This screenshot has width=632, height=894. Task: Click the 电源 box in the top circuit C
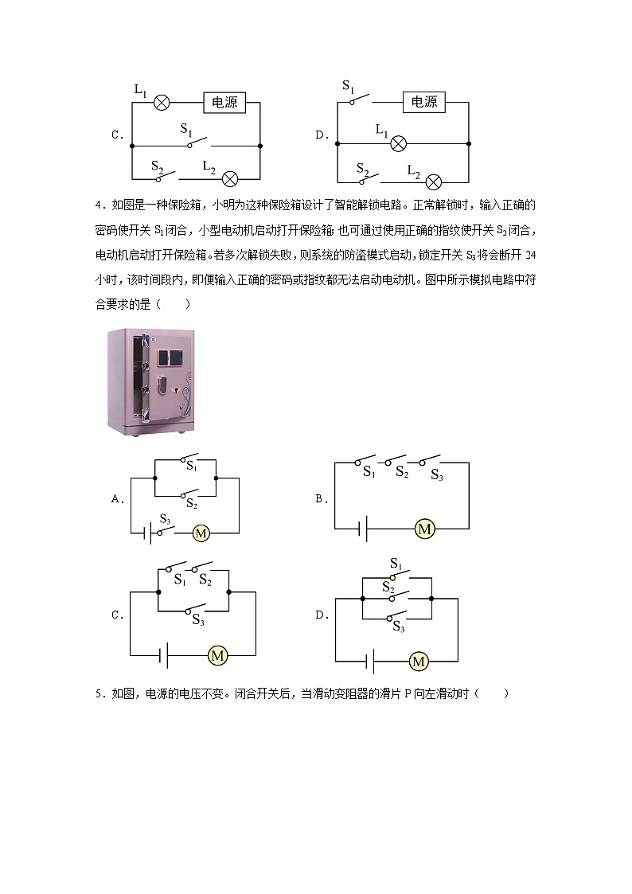click(x=224, y=103)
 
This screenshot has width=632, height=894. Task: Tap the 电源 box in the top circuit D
click(x=424, y=102)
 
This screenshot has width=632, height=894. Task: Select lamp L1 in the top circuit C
click(x=162, y=103)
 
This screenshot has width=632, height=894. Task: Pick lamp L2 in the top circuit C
click(x=230, y=178)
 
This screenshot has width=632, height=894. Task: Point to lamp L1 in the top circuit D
click(x=399, y=143)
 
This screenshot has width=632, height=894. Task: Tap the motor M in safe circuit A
click(x=201, y=533)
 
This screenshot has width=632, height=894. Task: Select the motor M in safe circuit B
click(x=424, y=529)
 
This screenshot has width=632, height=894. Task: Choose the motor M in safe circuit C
click(x=217, y=655)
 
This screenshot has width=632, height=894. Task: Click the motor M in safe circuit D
click(x=419, y=661)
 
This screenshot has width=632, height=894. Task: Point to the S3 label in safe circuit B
click(x=436, y=474)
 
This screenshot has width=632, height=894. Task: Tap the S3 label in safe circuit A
click(x=165, y=519)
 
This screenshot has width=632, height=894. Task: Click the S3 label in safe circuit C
click(x=198, y=621)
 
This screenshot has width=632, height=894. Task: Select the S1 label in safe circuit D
click(x=396, y=564)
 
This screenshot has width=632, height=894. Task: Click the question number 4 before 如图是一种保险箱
click(x=98, y=205)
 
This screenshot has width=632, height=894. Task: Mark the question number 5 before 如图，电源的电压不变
click(x=98, y=693)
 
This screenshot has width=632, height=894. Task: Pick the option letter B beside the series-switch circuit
click(x=319, y=499)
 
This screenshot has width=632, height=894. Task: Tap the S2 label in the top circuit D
click(x=363, y=170)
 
